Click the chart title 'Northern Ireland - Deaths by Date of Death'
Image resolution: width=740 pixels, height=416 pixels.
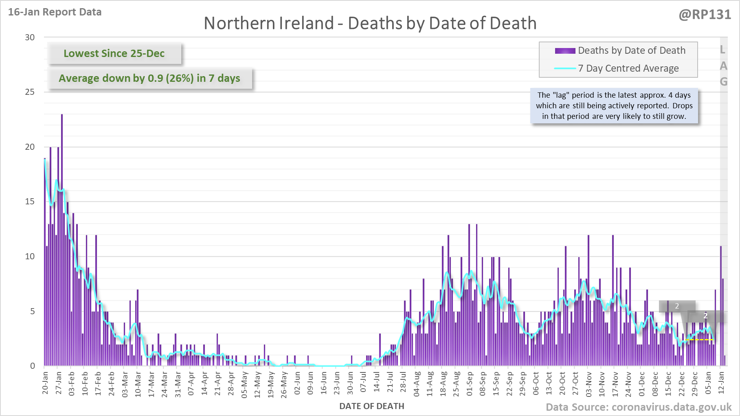tap(370, 23)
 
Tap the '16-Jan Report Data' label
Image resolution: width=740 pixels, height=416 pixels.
tap(55, 12)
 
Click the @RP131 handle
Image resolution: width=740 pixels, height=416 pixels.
tap(705, 15)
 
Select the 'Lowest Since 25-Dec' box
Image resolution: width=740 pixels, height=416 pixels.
tap(114, 53)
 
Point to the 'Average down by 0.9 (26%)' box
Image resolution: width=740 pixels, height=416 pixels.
tap(149, 78)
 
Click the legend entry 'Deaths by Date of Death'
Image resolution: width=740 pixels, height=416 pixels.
tap(631, 50)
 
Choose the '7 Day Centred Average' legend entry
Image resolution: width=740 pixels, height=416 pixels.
tap(628, 68)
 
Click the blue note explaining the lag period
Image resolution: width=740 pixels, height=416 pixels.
tap(614, 106)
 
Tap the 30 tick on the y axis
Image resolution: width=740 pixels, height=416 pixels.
tap(30, 37)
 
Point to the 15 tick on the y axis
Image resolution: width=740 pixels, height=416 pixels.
tap(30, 201)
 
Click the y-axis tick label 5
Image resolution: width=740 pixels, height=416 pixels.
tap(33, 311)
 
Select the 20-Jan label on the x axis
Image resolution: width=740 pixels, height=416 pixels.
tap(45, 383)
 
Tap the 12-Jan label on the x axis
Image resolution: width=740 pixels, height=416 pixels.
tap(721, 383)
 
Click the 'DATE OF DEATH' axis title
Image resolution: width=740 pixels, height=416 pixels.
tap(371, 406)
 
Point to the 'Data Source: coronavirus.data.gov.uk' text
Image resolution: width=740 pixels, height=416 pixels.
tap(638, 407)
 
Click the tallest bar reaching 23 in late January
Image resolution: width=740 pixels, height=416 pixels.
tap(62, 240)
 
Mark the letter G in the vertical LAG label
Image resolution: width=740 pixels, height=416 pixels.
tap(723, 82)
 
